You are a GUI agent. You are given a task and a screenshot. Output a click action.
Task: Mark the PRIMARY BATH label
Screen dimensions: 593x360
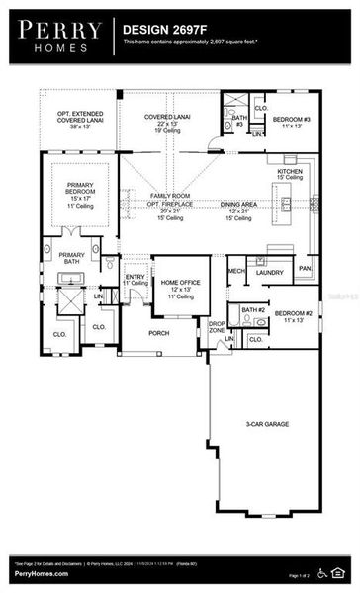72,259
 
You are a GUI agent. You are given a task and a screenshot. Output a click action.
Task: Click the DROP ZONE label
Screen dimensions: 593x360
216,327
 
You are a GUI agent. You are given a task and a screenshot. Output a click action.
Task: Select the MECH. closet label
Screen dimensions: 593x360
236,271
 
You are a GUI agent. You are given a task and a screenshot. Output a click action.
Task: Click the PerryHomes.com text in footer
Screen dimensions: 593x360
42,573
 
